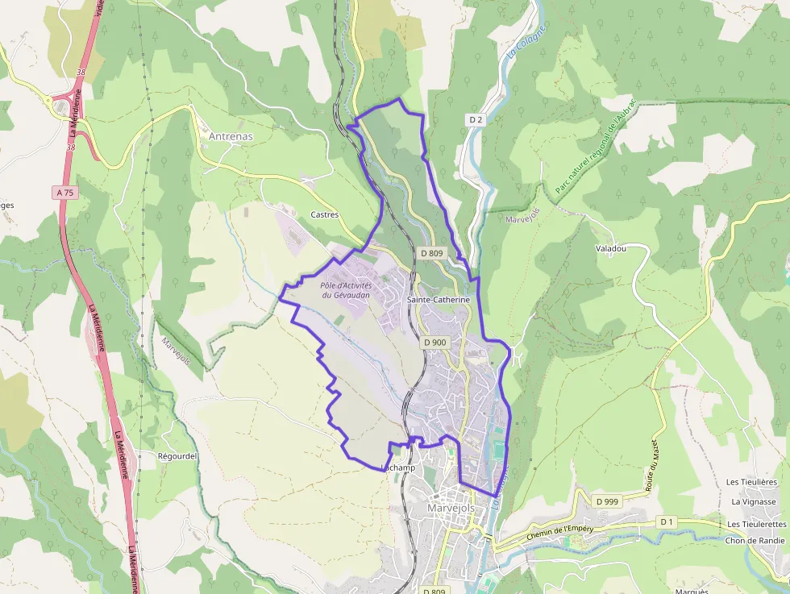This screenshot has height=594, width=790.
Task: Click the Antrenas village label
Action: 231,136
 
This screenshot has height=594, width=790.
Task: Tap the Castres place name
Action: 325,215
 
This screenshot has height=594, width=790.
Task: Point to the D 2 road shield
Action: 476,120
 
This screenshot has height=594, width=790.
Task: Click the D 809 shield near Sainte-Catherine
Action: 432,253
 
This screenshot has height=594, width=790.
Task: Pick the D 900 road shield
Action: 434,343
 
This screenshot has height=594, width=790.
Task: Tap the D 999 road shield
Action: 608,501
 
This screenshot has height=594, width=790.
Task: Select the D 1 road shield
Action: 666,521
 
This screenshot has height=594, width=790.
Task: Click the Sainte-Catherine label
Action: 439,300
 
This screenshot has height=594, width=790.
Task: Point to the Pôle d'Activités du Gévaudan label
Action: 345,290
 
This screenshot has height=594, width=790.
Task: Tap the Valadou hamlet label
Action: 610,249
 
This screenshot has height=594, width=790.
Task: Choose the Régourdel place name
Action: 177,456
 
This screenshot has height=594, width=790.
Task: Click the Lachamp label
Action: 397,468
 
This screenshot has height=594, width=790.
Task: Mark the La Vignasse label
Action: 753,501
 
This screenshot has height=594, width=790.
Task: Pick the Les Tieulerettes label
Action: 756,524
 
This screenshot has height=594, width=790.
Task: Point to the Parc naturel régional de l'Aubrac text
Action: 597,146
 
